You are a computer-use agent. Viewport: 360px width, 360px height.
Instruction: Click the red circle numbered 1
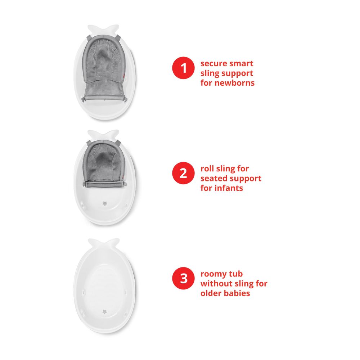click(184, 68)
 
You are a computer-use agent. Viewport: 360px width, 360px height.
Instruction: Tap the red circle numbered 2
click(184, 174)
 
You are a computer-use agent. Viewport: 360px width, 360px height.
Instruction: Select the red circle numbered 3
click(184, 279)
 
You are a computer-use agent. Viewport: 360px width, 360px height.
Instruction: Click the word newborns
click(237, 83)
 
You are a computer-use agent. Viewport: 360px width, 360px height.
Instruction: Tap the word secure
click(213, 64)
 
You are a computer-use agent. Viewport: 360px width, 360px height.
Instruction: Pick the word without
click(216, 284)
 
